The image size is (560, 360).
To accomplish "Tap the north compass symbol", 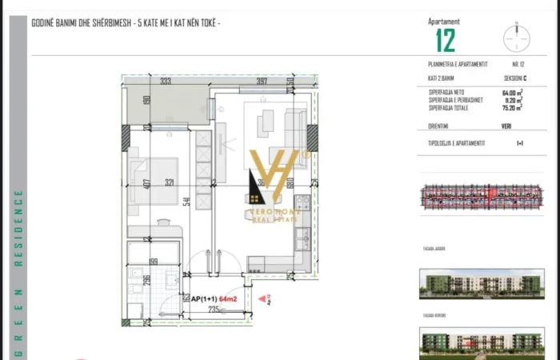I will [518, 38].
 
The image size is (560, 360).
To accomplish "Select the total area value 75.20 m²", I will [511, 107].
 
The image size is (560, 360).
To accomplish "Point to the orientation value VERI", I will [507, 126].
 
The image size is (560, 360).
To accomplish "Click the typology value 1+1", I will [520, 142].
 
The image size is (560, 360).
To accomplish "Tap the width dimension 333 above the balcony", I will [166, 81].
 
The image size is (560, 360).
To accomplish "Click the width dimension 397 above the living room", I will [256, 81].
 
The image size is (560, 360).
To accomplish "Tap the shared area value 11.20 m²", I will [511, 100].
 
